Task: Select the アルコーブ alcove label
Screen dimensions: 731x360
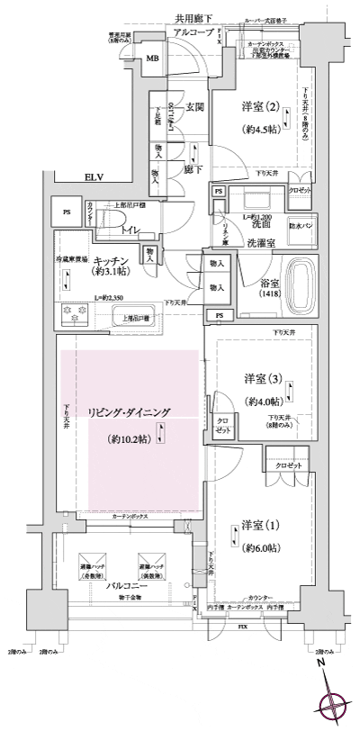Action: [196, 32]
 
